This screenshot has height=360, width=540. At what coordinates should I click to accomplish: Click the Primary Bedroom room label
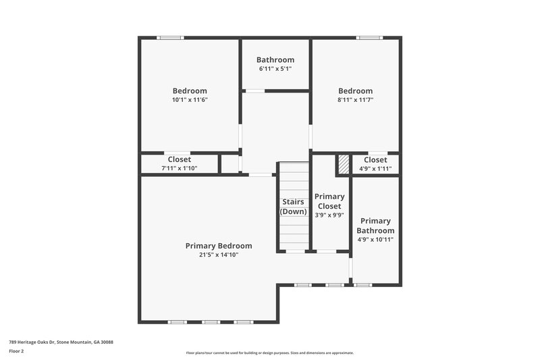pos(219,246)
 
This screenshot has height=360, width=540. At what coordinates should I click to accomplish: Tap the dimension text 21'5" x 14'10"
pos(219,255)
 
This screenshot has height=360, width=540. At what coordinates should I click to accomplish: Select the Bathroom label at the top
pos(275,60)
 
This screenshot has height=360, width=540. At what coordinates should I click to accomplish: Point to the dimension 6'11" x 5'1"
pos(275,69)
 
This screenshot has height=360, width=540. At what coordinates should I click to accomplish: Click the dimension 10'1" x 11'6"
pos(190,100)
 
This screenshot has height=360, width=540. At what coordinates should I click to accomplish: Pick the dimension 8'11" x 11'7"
pos(355,100)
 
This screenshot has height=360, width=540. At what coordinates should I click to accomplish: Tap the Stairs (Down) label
pos(294,207)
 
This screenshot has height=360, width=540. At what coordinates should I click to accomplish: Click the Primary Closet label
pos(329,201)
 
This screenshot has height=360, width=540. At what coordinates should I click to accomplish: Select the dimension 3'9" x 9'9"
pos(329,215)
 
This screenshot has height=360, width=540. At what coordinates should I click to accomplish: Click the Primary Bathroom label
pos(376,226)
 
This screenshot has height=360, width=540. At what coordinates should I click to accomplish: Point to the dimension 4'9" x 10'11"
pos(376,239)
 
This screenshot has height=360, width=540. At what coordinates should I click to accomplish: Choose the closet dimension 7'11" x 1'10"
pos(179,168)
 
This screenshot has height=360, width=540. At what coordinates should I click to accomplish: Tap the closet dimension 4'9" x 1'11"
pos(375,168)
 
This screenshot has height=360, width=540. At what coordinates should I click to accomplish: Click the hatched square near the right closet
pos(344,164)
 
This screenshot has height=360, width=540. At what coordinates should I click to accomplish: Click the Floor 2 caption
pos(16,351)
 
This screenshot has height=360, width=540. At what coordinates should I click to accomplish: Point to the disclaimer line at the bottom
pos(270,353)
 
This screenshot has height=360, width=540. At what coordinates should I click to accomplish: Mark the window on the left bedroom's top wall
pos(170,38)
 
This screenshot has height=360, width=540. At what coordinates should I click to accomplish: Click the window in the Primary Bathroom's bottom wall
pos(363,285)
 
